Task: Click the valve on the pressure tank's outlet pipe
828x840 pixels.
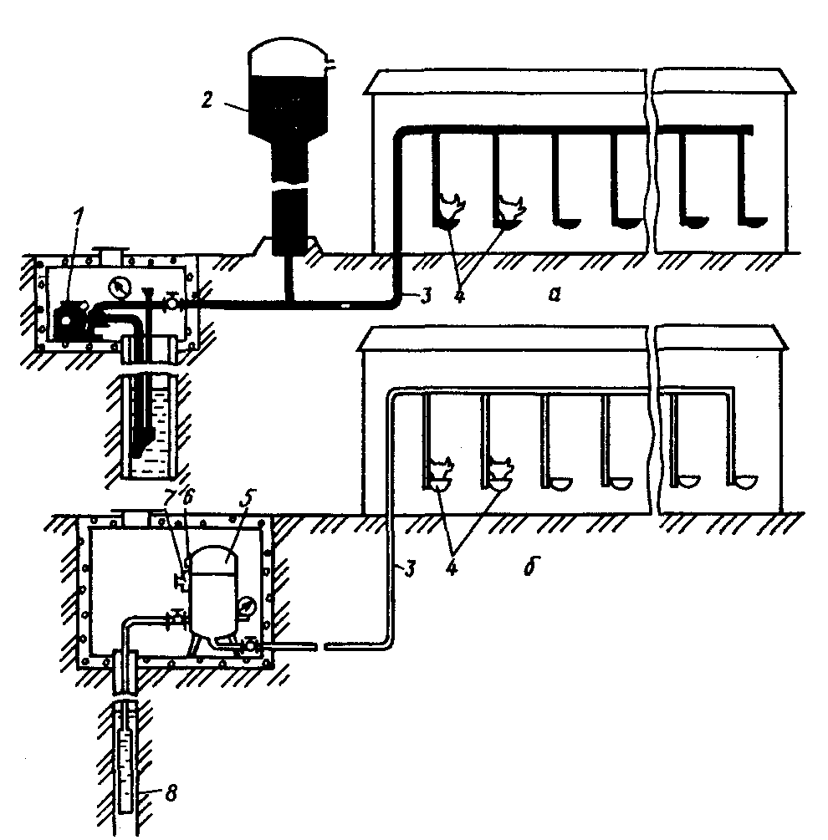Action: click(x=250, y=644)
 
